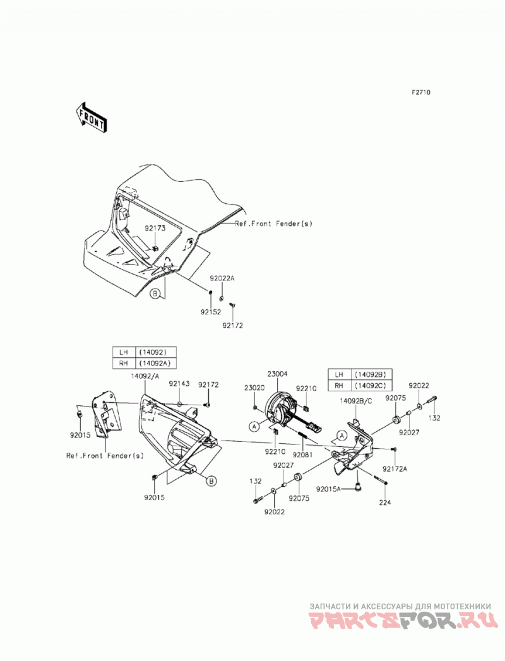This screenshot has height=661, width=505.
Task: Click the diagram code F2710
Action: coord(420,92)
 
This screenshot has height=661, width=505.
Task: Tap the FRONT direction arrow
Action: coord(90,117)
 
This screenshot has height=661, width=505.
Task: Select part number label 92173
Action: coord(155,229)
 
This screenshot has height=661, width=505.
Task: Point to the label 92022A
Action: coord(222,278)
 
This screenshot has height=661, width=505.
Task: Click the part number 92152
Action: coord(211,313)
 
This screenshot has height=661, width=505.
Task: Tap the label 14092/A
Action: coord(145,376)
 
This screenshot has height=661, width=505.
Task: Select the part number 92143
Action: coord(179,384)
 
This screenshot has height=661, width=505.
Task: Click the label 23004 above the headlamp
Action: coord(277,373)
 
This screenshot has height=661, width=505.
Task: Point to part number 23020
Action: coord(254,388)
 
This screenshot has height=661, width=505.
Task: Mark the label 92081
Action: coord(302,455)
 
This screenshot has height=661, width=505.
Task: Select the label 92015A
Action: coord(328,489)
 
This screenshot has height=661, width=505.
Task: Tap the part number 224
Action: coord(385,502)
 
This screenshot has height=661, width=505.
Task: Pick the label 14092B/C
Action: coord(355,402)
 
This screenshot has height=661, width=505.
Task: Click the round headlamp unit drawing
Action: coord(280,409)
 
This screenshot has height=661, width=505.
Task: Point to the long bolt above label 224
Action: coord(380,479)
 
